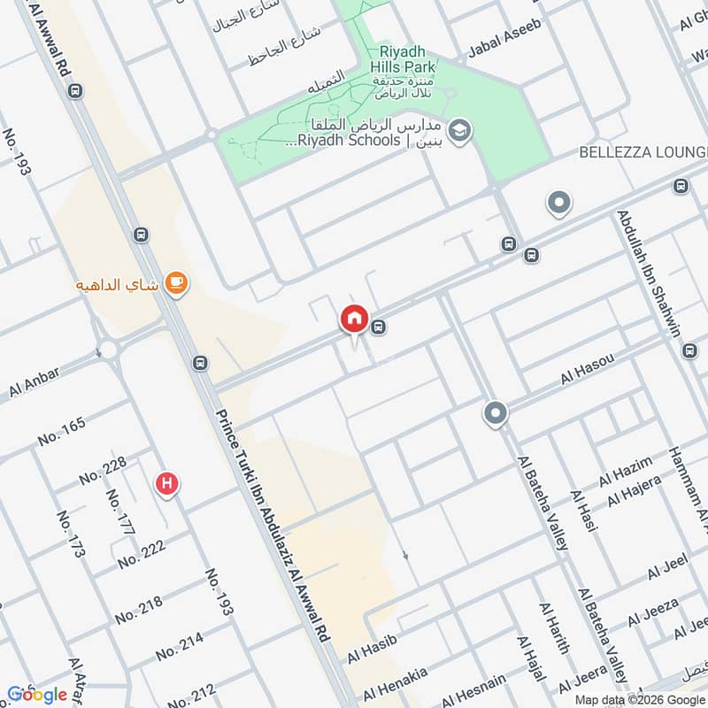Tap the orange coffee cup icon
(177, 282)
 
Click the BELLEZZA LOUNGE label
(643, 151)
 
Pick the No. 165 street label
(62, 431)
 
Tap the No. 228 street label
(103, 470)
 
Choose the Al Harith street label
(554, 628)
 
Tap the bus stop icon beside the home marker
(379, 327)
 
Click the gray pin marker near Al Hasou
(495, 412)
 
